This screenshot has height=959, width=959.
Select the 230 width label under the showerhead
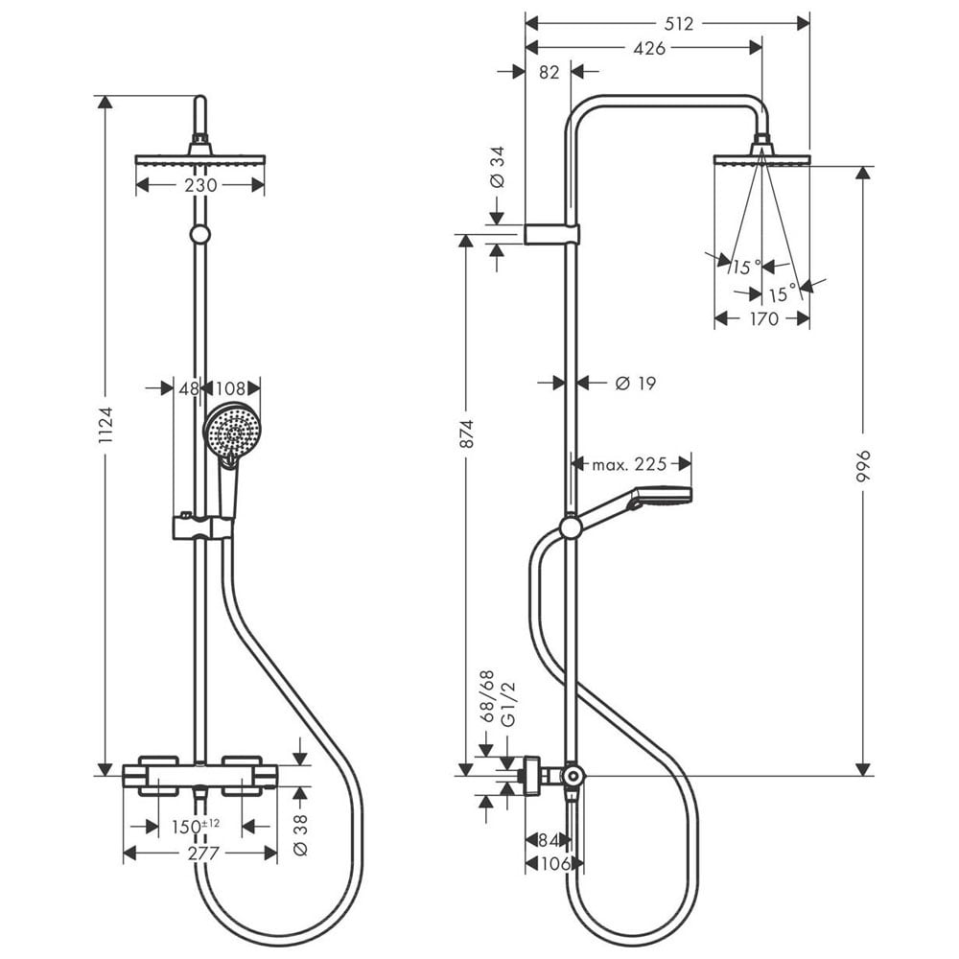[x=200, y=185]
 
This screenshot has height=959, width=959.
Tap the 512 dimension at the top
[x=678, y=23]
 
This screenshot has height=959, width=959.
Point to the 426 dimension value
[x=649, y=48]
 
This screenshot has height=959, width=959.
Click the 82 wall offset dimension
[x=550, y=72]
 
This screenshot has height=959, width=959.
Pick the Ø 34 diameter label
[x=498, y=166]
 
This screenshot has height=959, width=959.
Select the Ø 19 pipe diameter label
[x=636, y=384]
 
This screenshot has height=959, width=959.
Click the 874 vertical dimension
[x=467, y=433]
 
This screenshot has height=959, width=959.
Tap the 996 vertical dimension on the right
[x=863, y=467]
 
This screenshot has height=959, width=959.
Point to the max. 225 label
[x=629, y=464]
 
